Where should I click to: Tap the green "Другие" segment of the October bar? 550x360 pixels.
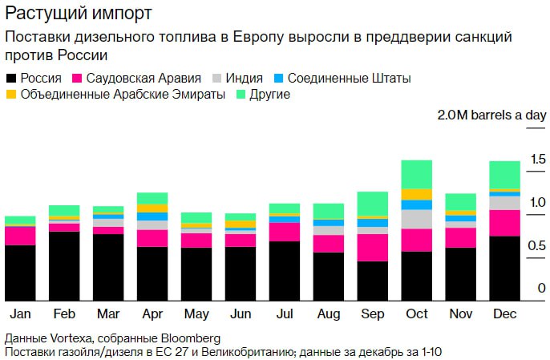(417, 174)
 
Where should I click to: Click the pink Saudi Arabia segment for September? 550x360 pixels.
(373, 247)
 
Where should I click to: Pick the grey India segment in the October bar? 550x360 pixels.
(417, 219)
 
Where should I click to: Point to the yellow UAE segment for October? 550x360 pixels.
(417, 194)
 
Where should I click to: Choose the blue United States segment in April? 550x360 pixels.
(152, 216)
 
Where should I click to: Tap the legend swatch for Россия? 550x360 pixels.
(10, 79)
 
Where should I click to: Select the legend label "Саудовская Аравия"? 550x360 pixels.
(141, 79)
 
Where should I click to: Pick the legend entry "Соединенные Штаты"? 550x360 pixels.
(348, 79)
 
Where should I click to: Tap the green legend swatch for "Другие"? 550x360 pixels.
(242, 95)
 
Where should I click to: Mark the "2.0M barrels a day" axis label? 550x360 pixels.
(491, 115)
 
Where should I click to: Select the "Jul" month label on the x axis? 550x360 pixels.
(285, 313)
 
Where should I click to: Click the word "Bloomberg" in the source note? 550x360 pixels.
(188, 338)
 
